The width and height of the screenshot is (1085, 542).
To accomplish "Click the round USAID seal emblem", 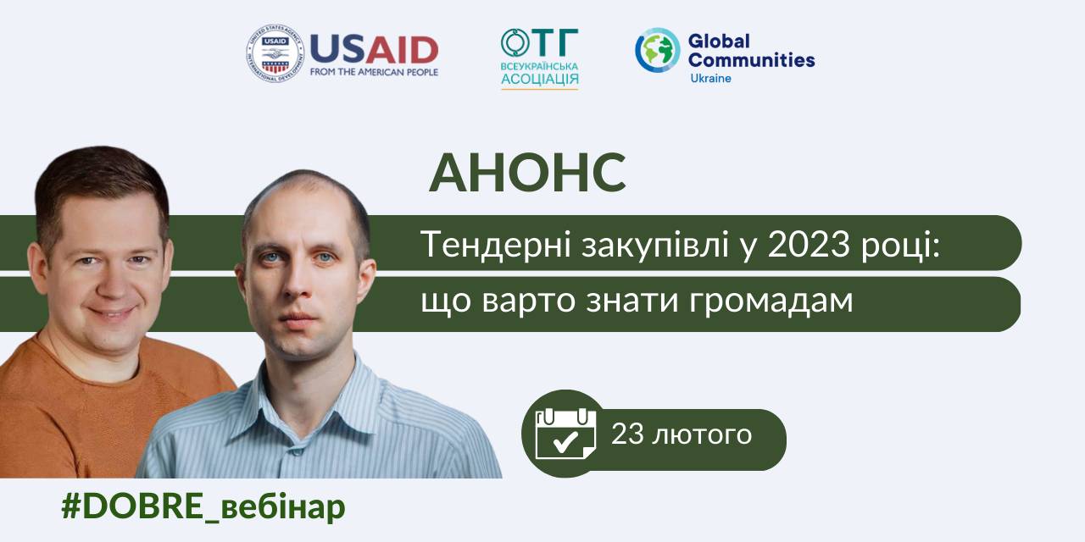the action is (275, 53).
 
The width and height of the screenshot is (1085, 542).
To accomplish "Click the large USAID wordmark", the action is (374, 49).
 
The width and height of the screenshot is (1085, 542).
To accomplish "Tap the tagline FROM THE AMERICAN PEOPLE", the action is (374, 72).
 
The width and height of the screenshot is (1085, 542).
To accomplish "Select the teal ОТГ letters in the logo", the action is (540, 42).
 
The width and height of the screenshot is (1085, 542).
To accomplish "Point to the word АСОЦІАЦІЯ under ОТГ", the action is (540, 80).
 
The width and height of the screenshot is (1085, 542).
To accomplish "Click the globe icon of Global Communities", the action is (657, 50).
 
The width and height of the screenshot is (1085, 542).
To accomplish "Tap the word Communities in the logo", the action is (751, 60).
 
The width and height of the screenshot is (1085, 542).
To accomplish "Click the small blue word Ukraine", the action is (710, 79).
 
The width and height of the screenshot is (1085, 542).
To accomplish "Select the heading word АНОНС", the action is (527, 174).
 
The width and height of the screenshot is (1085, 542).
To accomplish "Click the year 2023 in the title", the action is (809, 245).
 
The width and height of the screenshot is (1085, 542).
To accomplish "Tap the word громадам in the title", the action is (771, 301).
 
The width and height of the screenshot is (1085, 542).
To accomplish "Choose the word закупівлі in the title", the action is (655, 246).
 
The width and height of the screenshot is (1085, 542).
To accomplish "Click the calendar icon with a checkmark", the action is (565, 434).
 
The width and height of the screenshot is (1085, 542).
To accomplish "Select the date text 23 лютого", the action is (682, 434).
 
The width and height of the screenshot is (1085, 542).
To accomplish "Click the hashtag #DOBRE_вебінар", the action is (203, 507).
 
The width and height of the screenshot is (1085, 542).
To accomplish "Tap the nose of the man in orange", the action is (113, 284).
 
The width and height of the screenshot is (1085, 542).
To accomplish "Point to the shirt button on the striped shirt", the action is (296, 452).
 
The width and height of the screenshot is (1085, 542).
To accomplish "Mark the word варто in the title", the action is (528, 301).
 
